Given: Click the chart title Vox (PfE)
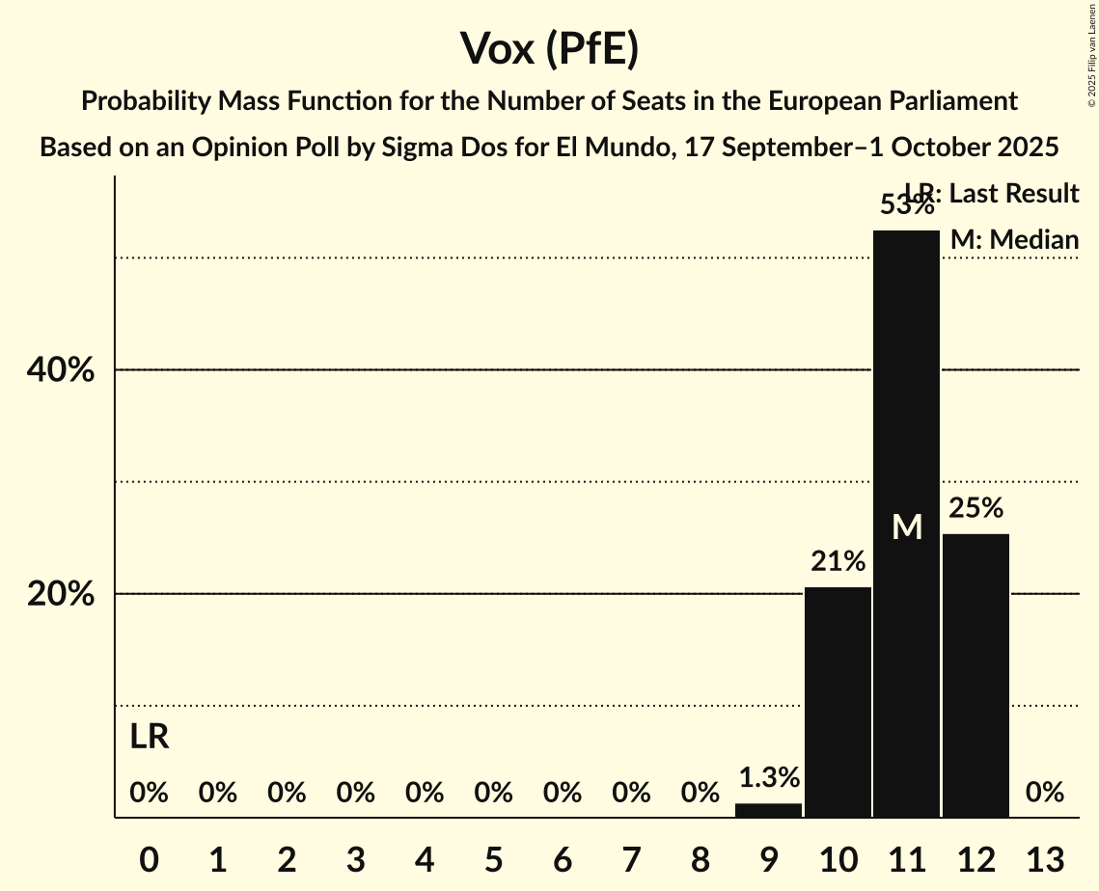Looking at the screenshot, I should click(x=549, y=48).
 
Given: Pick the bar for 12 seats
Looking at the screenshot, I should click(x=975, y=675).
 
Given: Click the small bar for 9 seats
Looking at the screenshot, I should click(x=768, y=810).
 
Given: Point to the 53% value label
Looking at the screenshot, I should click(x=906, y=205).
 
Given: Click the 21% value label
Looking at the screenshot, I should click(x=838, y=561).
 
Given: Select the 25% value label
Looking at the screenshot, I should click(x=975, y=508).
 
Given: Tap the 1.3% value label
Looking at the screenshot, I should click(x=768, y=777).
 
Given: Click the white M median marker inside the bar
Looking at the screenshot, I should click(x=907, y=526).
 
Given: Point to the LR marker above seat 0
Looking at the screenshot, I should click(x=150, y=738).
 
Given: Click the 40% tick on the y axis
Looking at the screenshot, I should click(x=61, y=370).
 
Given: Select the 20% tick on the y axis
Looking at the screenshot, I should click(x=61, y=594).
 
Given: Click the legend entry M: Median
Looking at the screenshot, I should click(x=1014, y=239).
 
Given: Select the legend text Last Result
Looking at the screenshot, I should click(x=1013, y=194).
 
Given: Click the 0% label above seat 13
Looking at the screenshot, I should click(x=1045, y=793).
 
